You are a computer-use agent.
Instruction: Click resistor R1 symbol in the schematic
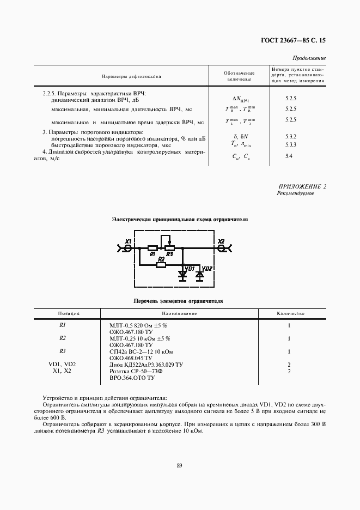(x=153, y=248)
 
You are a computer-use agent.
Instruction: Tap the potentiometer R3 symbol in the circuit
(x=169, y=248)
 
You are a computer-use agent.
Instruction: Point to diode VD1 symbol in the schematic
(x=182, y=275)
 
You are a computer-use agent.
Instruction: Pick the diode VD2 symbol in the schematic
(x=199, y=275)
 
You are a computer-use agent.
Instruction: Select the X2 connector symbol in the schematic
(x=222, y=248)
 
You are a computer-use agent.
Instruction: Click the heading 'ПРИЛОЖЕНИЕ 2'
(x=302, y=187)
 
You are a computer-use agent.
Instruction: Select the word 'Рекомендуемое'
(x=295, y=193)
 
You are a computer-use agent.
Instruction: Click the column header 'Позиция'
(x=69, y=314)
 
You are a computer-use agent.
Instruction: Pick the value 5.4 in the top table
(x=289, y=156)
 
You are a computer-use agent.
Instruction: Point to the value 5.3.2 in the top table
(x=290, y=136)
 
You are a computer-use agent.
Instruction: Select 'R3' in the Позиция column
(x=63, y=351)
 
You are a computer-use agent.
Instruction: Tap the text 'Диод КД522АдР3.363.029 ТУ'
(x=146, y=364)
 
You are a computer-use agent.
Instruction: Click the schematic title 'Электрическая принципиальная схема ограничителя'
(x=180, y=220)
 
